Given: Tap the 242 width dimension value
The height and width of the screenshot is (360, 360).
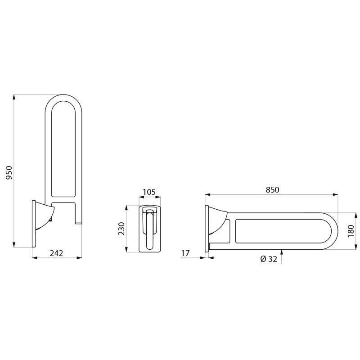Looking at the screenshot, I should point(56,253).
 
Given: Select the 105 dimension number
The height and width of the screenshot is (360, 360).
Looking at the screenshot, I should point(148,192).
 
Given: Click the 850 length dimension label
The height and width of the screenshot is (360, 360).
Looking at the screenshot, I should point(272,190).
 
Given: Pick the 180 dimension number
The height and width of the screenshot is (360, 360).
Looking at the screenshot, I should point(351,230).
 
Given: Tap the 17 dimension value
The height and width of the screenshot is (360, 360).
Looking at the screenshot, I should point(185,253).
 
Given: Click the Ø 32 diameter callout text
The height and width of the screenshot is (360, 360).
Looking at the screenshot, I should point(269,259).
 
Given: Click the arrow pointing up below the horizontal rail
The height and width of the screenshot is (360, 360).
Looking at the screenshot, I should point(282,252).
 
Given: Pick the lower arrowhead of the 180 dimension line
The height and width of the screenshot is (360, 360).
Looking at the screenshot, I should point(343,246).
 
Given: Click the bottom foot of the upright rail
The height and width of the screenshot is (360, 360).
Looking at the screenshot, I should point(78,222).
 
